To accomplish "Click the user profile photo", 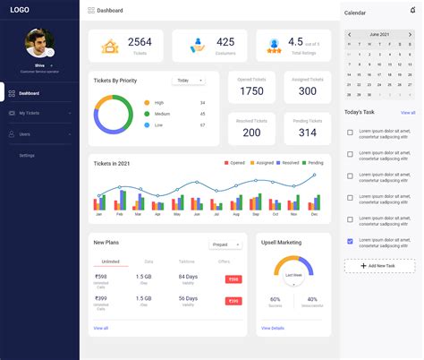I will [x=38, y=42].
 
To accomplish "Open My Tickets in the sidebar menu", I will [x=30, y=113].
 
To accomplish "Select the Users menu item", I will [x=25, y=134].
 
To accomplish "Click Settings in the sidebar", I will [x=28, y=156].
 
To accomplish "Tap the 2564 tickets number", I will [x=140, y=42].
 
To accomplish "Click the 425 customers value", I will [x=225, y=42].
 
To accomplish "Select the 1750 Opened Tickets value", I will [x=251, y=91].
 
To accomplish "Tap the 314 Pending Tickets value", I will [x=307, y=133].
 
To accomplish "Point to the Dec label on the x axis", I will [x=314, y=215].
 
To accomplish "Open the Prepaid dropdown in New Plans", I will [x=225, y=244].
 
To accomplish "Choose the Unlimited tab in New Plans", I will [x=111, y=261].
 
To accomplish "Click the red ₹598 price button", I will [x=233, y=279].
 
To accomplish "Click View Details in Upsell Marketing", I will [x=272, y=329].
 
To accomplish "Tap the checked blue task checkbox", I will [x=350, y=241].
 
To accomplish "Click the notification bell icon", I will [x=412, y=10].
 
